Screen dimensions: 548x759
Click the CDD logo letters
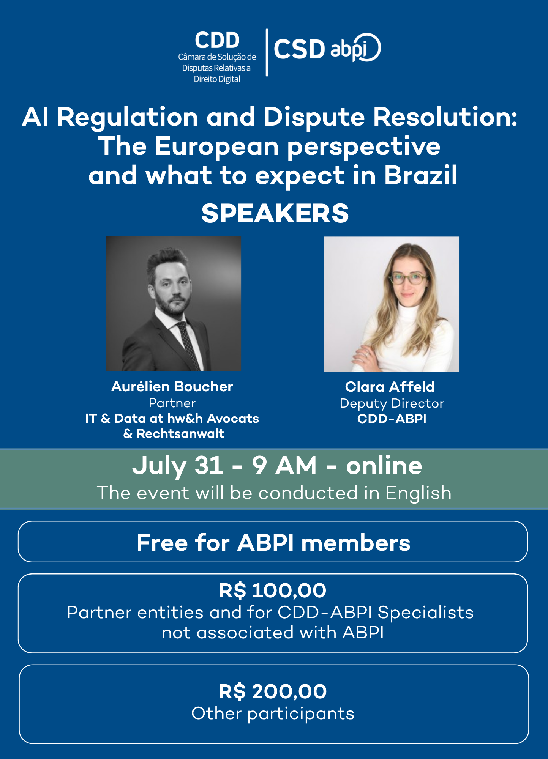tap(217, 40)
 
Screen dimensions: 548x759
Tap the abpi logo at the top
tap(355, 48)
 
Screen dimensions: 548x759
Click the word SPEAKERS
tap(275, 213)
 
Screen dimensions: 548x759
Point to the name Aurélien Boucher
tap(172, 386)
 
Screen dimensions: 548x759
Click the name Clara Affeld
tap(390, 387)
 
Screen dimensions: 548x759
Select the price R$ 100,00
tap(273, 591)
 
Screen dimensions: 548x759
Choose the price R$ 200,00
tap(273, 691)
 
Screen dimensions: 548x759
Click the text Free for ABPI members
tap(273, 542)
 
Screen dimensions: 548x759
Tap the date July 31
tap(178, 466)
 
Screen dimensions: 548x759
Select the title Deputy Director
tap(392, 403)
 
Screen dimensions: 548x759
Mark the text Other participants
tap(273, 714)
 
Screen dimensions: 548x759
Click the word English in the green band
tap(419, 493)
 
